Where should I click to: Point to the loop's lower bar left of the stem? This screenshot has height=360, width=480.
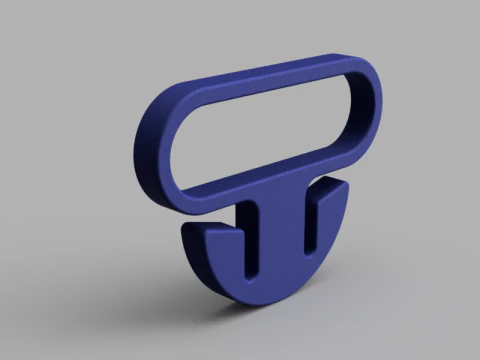point(210,197)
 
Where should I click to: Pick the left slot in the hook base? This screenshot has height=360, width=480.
point(247,240)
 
